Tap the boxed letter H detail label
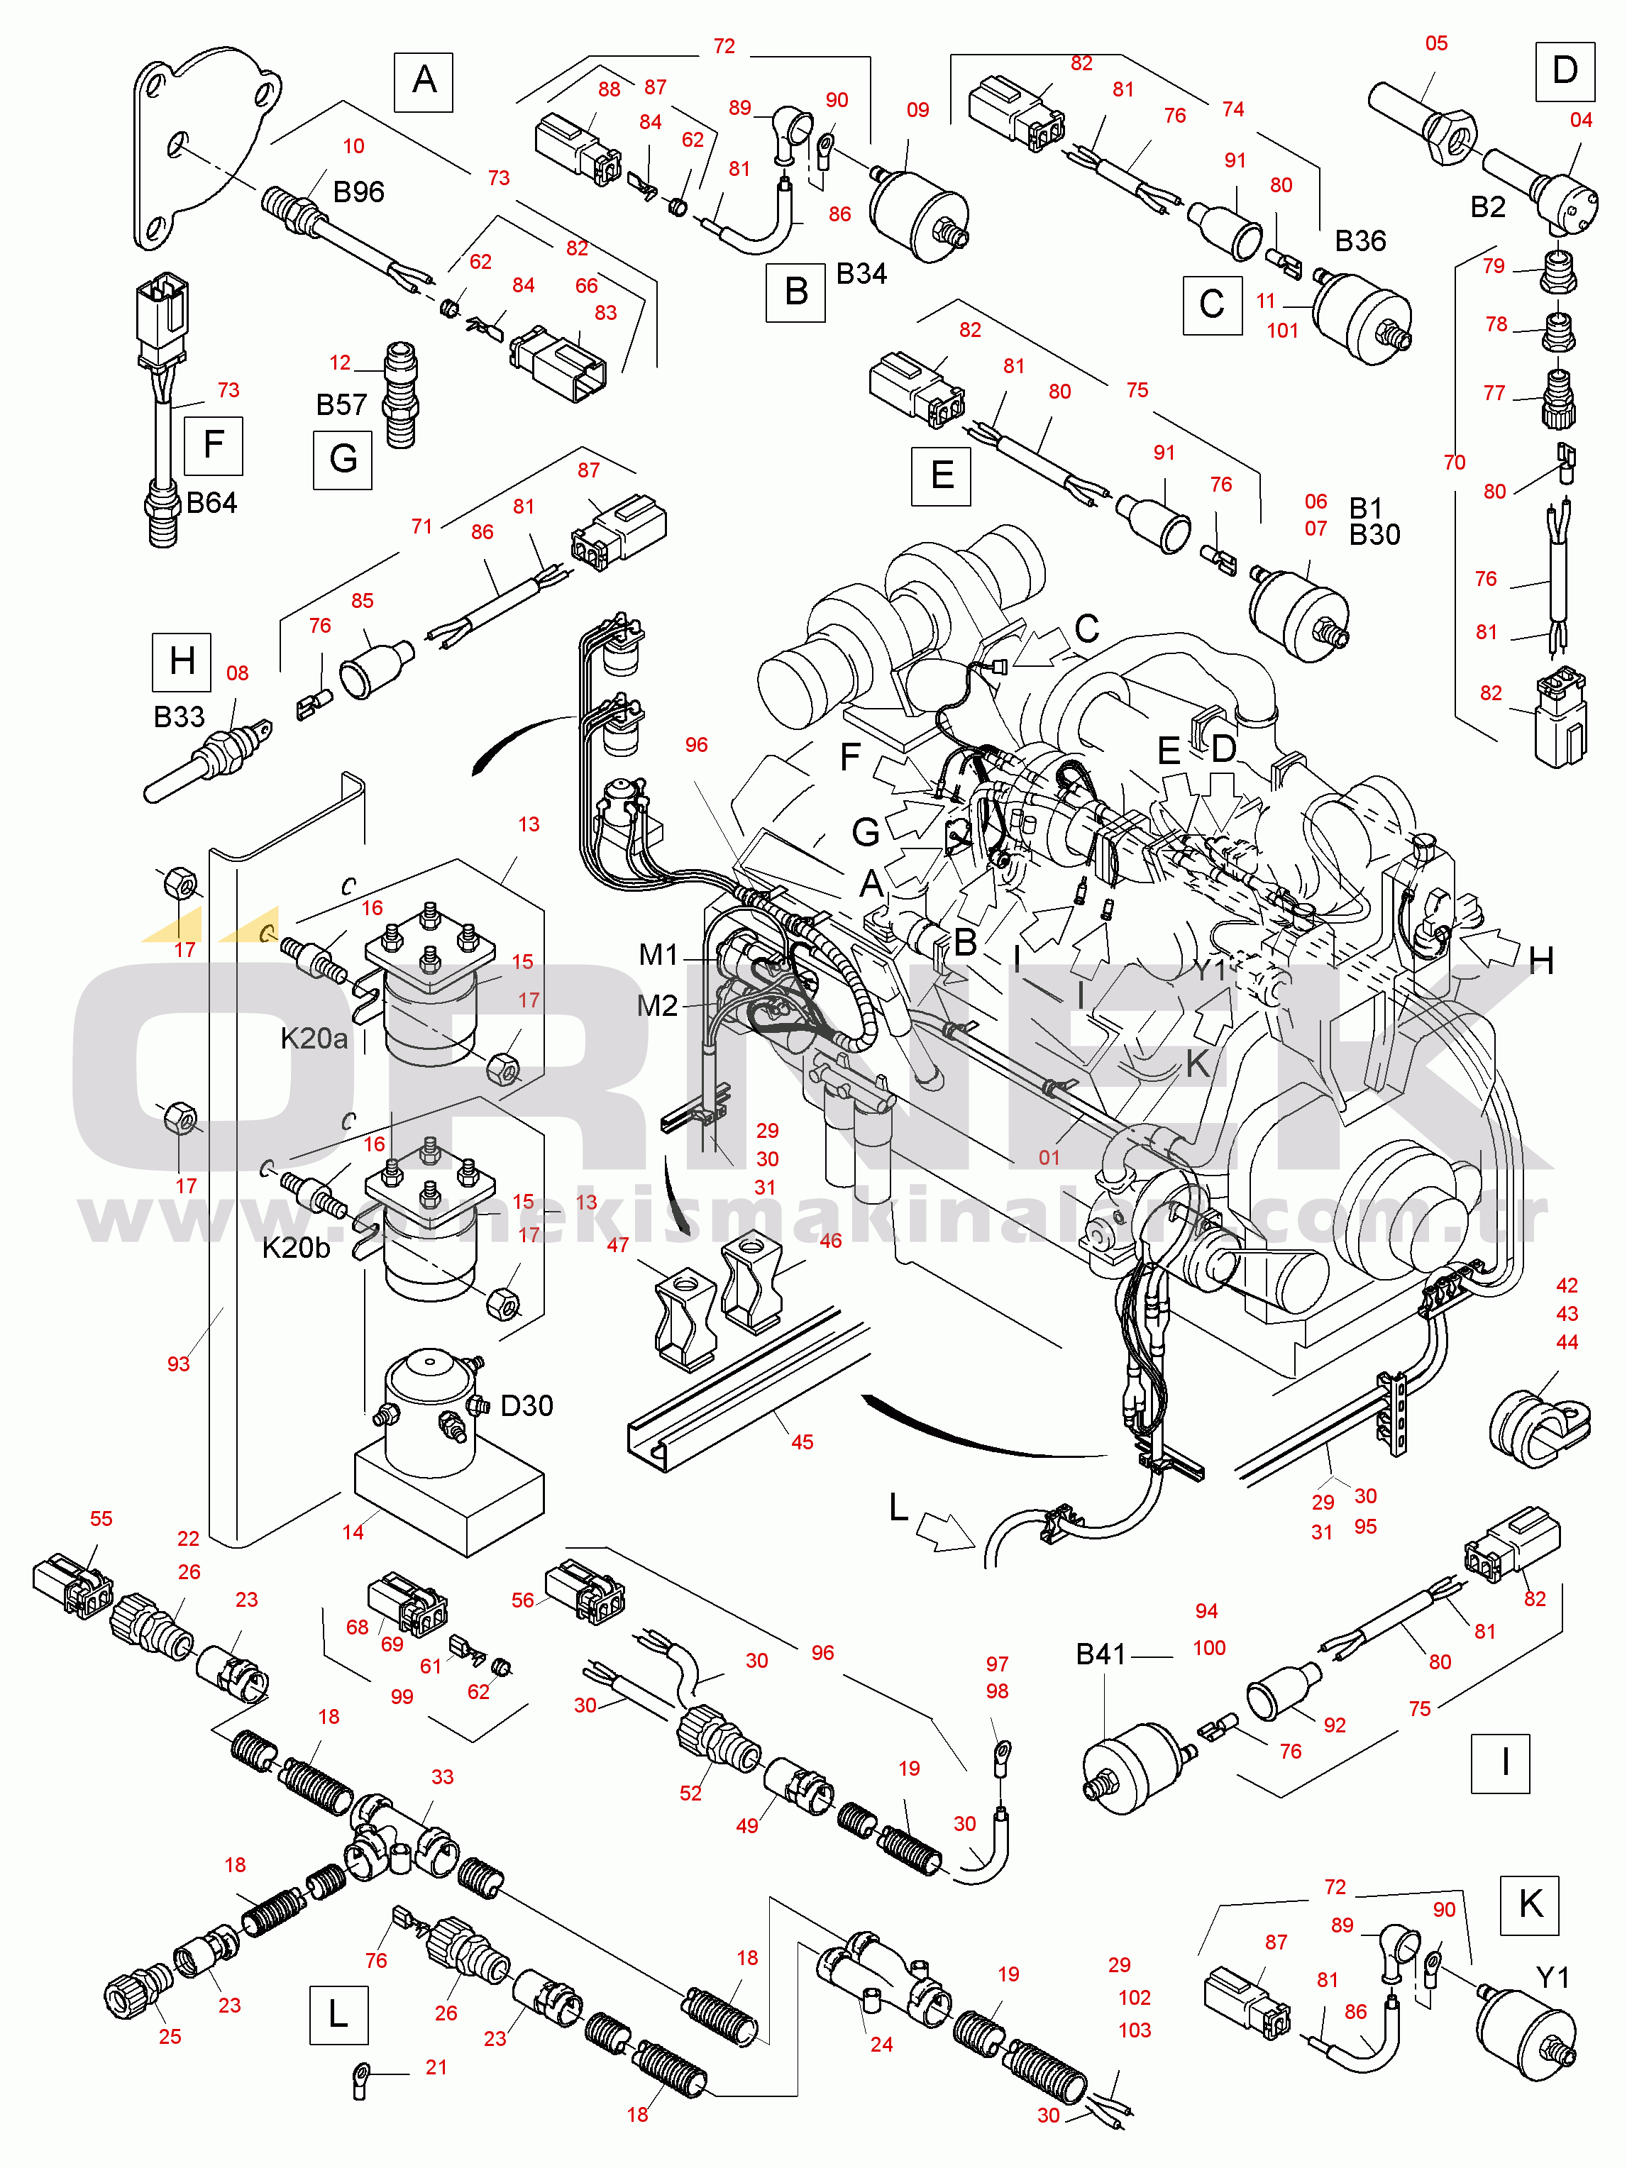click(182, 662)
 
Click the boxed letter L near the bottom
click(338, 2015)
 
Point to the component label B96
click(359, 192)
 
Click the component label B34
click(861, 275)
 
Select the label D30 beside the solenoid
click(526, 1407)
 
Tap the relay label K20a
click(314, 1039)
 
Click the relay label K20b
click(296, 1248)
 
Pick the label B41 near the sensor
click(1101, 1654)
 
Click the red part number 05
click(1436, 44)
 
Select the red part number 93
click(178, 1364)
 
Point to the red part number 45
click(802, 1442)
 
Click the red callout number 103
click(1134, 2030)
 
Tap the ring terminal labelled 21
click(362, 2076)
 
